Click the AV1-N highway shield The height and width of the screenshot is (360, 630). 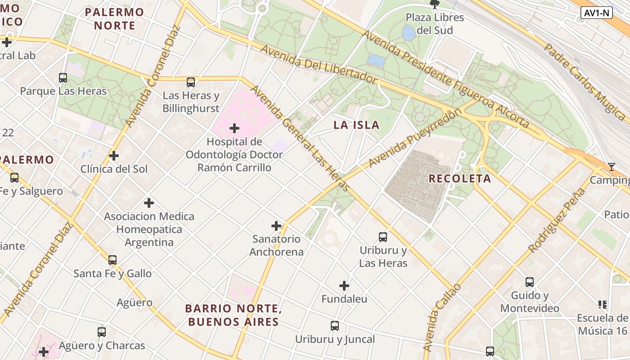(x=597, y=13)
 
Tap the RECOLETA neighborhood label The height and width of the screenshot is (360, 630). (x=459, y=179)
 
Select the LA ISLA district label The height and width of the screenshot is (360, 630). (x=356, y=125)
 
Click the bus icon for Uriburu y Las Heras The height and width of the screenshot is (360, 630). (x=383, y=237)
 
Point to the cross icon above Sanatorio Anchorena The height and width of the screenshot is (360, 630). (x=276, y=225)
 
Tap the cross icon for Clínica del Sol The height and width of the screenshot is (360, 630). (x=114, y=156)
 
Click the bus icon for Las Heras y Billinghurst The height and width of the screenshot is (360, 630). (x=191, y=82)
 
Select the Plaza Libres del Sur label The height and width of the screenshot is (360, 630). (x=435, y=24)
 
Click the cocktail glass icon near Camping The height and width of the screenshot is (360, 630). (x=611, y=167)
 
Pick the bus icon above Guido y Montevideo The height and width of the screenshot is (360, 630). (x=530, y=282)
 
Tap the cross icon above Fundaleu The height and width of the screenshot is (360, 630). (x=344, y=286)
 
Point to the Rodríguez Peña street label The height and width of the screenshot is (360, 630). (x=557, y=220)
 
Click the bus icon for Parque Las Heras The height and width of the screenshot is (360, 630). (x=63, y=77)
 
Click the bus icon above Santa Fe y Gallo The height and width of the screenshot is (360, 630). (x=112, y=260)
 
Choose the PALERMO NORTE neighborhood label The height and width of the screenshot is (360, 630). (x=114, y=19)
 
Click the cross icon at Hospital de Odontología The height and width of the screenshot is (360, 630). (x=234, y=128)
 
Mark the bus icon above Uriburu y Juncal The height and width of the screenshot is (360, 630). (x=335, y=325)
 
